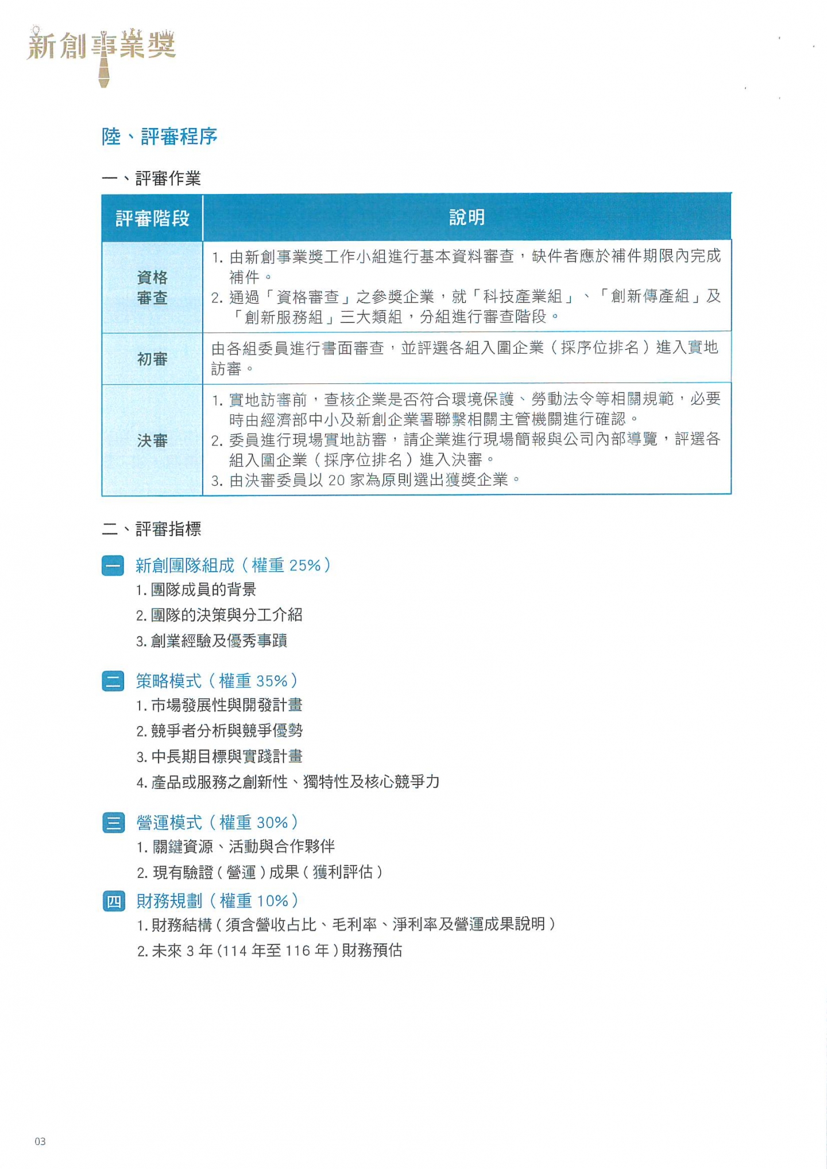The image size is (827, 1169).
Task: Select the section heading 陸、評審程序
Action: coord(159,137)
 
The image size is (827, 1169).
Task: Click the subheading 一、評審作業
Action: coord(151,178)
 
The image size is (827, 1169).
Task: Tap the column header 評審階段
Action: coord(152,218)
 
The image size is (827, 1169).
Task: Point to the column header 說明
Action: coord(466,218)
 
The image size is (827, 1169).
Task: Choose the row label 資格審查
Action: coord(152,288)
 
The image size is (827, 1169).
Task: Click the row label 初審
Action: coord(152,359)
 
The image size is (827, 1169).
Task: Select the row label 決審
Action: coord(152,440)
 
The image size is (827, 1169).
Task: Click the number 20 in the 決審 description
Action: coord(336,480)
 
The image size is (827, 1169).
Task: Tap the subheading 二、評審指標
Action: coord(152,529)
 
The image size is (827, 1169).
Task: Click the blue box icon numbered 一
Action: coord(113,566)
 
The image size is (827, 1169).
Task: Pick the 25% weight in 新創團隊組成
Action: coord(305,566)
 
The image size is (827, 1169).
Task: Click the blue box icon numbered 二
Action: coord(113,681)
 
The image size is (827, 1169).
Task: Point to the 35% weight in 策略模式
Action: coord(272,681)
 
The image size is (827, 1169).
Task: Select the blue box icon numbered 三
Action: coord(113,823)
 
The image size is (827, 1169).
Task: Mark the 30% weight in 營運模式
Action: coord(272,823)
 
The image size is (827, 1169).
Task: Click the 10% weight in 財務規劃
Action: coord(272,901)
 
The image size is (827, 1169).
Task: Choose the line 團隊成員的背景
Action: coord(203,590)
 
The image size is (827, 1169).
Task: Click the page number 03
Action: coord(40,1141)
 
